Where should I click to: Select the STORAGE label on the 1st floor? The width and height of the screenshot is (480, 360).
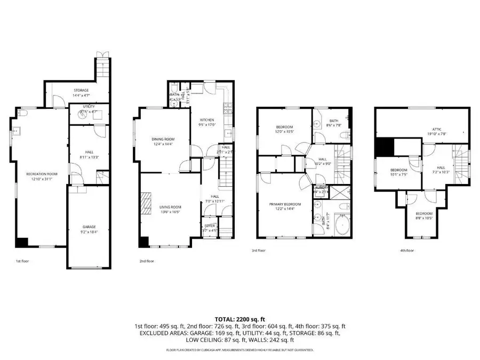[81, 90]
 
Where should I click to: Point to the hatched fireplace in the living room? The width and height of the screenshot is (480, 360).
[146, 202]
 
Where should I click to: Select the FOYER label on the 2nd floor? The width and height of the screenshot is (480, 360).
[210, 226]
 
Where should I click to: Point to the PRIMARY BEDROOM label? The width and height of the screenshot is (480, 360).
[285, 204]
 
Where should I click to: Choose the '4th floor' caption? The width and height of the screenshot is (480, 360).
[406, 250]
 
